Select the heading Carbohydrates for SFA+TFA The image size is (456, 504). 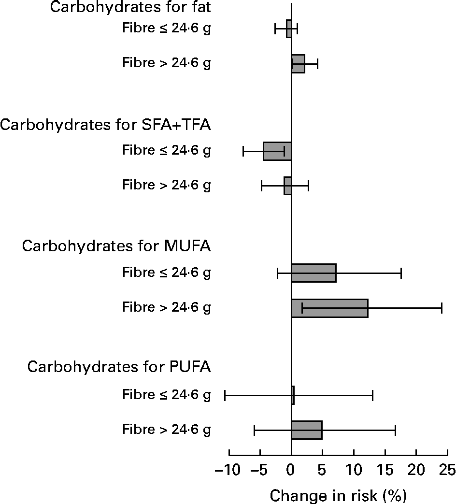(x=106, y=125)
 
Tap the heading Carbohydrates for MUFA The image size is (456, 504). (x=116, y=246)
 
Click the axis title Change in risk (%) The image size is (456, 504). (x=338, y=495)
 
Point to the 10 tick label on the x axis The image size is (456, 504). (x=354, y=470)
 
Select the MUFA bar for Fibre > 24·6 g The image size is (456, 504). (x=329, y=308)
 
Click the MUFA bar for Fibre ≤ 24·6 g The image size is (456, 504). (x=313, y=273)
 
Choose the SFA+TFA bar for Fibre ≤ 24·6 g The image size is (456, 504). (x=277, y=151)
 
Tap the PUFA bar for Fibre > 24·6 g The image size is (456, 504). (x=306, y=430)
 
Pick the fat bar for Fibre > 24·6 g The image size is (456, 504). (x=298, y=64)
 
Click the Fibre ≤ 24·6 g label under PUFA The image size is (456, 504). (x=166, y=395)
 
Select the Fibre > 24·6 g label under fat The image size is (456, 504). (x=166, y=63)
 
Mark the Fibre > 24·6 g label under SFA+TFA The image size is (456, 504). (x=166, y=186)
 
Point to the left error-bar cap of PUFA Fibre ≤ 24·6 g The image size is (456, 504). (x=225, y=395)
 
